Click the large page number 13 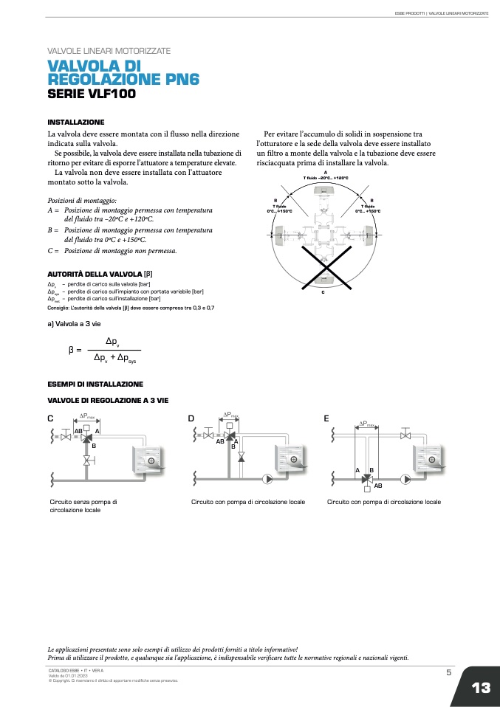[x=481, y=688]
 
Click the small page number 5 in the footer [x=448, y=672]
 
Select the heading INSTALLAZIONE [x=76, y=122]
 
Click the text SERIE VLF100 [x=92, y=94]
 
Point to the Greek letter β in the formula [x=71, y=349]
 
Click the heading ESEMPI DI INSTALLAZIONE [x=95, y=384]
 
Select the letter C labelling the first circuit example [x=50, y=418]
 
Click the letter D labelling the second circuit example [x=191, y=418]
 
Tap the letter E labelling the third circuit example [x=326, y=418]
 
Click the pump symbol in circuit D [x=268, y=478]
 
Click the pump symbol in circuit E [x=405, y=478]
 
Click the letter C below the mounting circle [x=323, y=292]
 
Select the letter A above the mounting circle [x=325, y=172]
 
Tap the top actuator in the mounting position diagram [x=325, y=192]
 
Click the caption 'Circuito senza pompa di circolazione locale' [x=83, y=506]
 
